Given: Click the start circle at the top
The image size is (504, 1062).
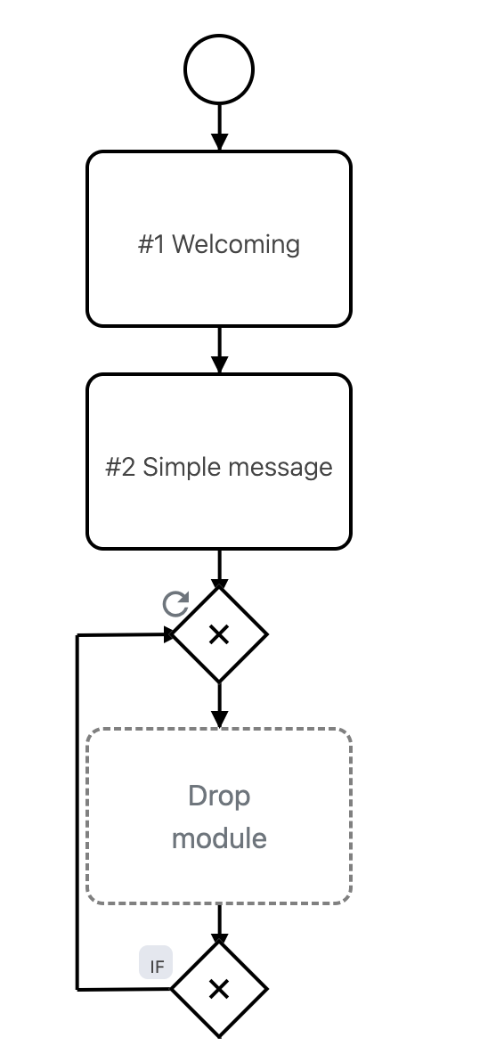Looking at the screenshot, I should [x=219, y=69].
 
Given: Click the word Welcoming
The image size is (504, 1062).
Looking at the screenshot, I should [x=236, y=244].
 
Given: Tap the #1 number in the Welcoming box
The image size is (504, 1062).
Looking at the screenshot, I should [x=151, y=244].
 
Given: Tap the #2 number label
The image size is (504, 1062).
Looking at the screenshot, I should [x=120, y=467].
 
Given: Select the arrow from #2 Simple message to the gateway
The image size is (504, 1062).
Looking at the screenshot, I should [x=219, y=568].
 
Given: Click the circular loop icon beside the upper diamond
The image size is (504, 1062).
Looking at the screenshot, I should [x=175, y=605].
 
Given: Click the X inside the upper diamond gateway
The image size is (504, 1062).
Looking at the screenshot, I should [x=219, y=634].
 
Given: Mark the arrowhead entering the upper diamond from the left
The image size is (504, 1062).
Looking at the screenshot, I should [x=169, y=634].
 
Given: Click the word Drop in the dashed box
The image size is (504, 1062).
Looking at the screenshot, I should [x=219, y=795].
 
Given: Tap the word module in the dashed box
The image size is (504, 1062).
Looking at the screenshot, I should [x=219, y=838].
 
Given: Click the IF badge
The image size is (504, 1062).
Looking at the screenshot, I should [x=156, y=964].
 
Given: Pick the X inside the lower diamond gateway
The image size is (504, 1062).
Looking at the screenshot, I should [x=219, y=989].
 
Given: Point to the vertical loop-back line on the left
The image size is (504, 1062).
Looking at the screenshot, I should [x=77, y=811].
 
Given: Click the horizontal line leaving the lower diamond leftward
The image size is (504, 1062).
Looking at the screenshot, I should [x=125, y=989].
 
